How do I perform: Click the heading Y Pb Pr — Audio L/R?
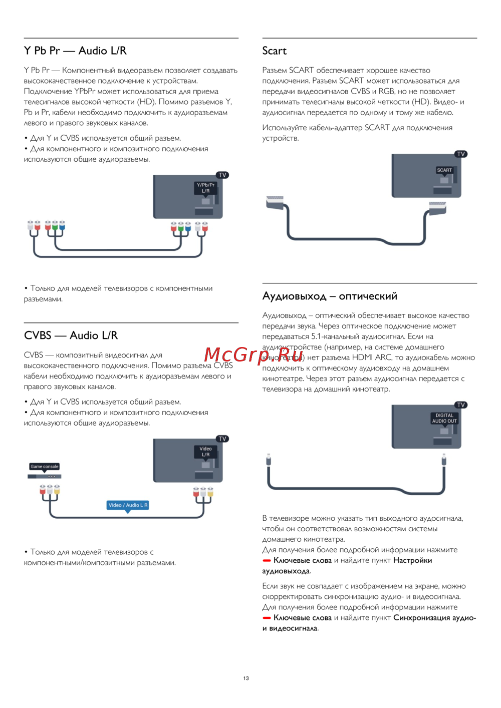pyautogui.click(x=75, y=51)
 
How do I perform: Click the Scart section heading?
pyautogui.click(x=274, y=51)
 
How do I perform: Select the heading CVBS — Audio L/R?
pyautogui.click(x=71, y=335)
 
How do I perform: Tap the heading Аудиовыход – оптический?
pyautogui.click(x=330, y=296)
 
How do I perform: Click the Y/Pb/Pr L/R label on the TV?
pyautogui.click(x=205, y=188)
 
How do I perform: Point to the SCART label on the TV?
pyautogui.click(x=444, y=170)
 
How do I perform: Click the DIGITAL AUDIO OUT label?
pyautogui.click(x=444, y=418)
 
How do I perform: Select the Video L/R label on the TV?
pyautogui.click(x=205, y=452)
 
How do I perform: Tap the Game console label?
pyautogui.click(x=44, y=466)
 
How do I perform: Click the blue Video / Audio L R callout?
pyautogui.click(x=128, y=505)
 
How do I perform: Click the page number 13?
pyautogui.click(x=246, y=678)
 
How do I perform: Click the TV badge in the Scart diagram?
pyautogui.click(x=461, y=154)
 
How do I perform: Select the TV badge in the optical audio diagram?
pyautogui.click(x=461, y=405)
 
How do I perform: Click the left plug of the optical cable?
pyautogui.click(x=269, y=459)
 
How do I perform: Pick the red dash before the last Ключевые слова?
pyautogui.click(x=267, y=618)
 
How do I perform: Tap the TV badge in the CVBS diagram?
pyautogui.click(x=222, y=439)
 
